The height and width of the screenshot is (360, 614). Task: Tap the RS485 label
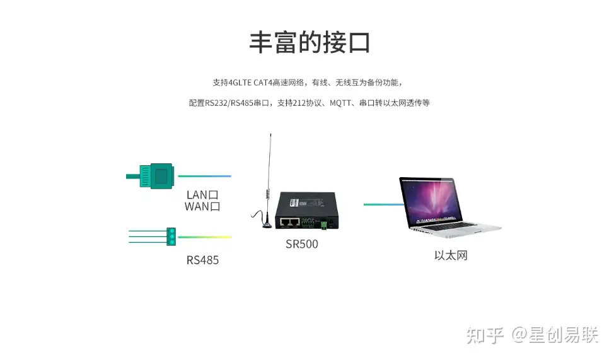[x=202, y=260]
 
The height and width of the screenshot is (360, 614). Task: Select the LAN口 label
[x=202, y=194]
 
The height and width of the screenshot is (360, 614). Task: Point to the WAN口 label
[x=202, y=207]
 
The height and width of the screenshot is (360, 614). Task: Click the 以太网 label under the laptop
[x=451, y=255]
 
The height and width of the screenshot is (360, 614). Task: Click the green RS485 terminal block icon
[x=170, y=236]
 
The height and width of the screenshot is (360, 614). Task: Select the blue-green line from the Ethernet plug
[x=204, y=177]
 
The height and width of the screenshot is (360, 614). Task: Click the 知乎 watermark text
[x=485, y=335]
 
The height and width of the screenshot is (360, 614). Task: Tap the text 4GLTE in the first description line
[x=241, y=83]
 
